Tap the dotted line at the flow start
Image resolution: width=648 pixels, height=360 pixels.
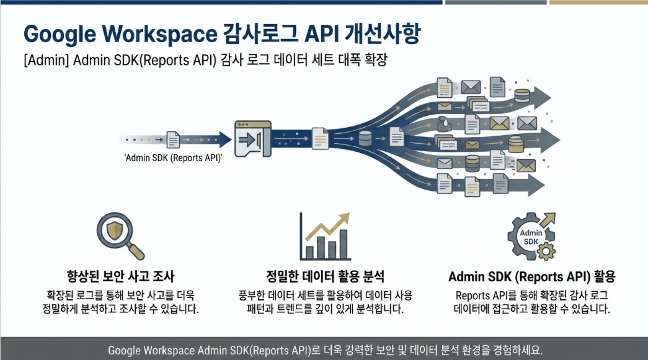click(145, 139)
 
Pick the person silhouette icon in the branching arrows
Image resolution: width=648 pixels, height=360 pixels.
click(444, 122)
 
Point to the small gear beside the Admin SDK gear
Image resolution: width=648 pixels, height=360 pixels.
click(546, 250)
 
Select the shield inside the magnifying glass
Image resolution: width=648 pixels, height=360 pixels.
click(114, 229)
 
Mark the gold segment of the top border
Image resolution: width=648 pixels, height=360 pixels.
click(598, 2)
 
